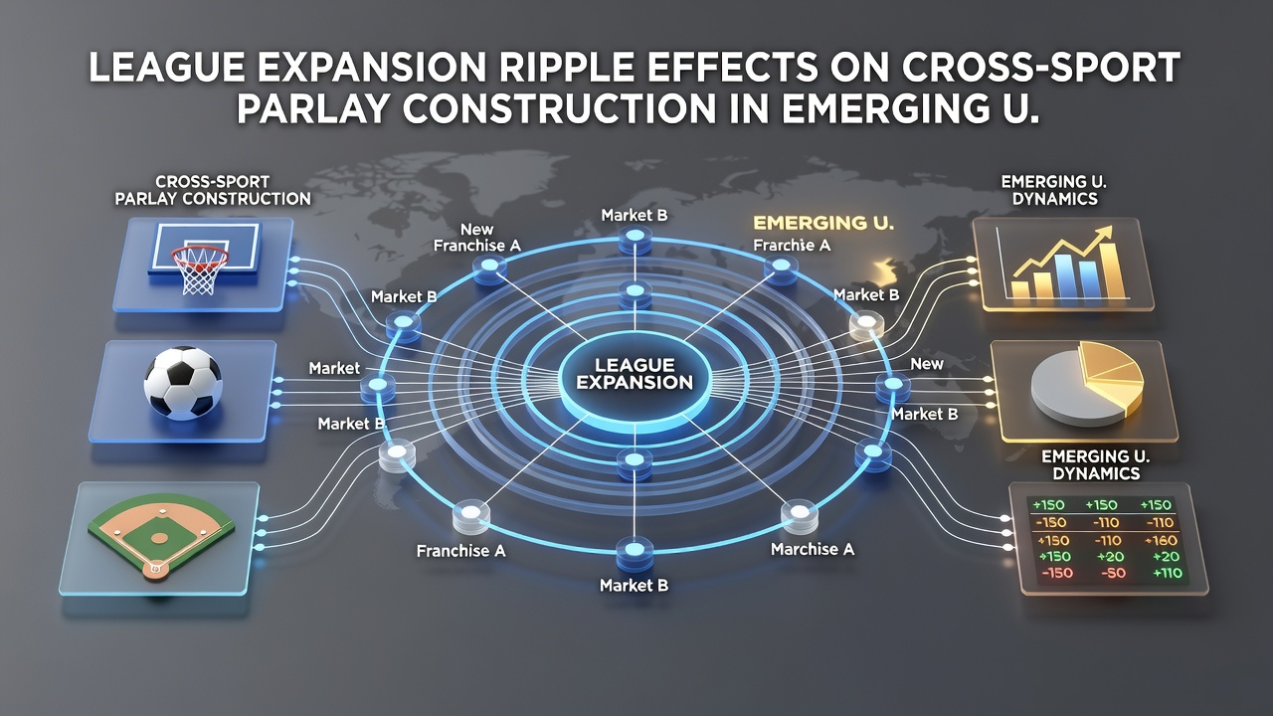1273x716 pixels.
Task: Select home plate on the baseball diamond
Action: pos(154,567)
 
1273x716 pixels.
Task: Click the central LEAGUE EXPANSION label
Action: pos(635,373)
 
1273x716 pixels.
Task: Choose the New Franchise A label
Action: pos(476,238)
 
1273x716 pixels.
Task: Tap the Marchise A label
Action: pos(813,549)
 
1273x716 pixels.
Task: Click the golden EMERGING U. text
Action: pos(822,223)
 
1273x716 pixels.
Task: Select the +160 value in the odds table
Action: pos(1161,540)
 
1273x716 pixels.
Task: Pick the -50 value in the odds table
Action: pos(1113,574)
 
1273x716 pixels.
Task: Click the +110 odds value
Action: pos(1168,574)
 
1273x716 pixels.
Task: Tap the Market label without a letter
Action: pos(334,368)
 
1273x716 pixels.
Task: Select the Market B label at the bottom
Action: pos(634,586)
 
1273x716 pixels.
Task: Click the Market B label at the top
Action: pos(635,216)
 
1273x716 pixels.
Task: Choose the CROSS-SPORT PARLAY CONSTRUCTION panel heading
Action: pos(213,190)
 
